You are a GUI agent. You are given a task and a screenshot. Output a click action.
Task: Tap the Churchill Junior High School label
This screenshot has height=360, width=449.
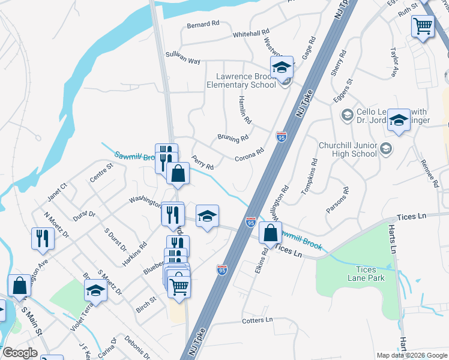pos(348,149)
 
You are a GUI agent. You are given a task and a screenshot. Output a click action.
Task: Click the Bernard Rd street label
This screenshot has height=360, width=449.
pos(203,25)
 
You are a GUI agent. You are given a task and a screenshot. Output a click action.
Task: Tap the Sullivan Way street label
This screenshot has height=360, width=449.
pos(182,61)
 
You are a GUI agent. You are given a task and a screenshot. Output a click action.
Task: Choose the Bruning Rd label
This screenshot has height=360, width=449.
pos(233,139)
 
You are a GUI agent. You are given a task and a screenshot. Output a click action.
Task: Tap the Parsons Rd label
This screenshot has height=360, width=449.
pos(337,199)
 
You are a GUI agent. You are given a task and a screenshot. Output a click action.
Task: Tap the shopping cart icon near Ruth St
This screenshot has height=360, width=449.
pos(423,26)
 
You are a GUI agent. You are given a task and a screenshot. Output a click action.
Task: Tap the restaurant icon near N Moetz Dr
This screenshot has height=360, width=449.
pos(43,238)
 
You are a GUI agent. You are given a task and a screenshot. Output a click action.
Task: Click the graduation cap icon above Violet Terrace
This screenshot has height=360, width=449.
pos(95,292)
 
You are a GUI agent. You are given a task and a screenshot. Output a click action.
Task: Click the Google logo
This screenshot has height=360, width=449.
pos(20,353)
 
